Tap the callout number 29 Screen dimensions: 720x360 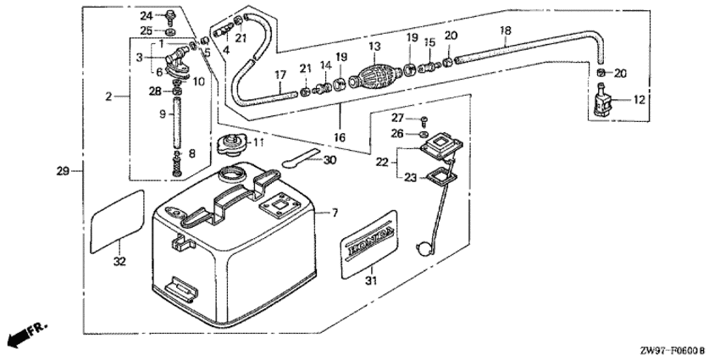(63, 171)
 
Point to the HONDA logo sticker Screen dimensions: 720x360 (369, 244)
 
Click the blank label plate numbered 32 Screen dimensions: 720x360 (118, 221)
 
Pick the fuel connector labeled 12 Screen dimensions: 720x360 (601, 100)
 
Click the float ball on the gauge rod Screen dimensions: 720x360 (423, 248)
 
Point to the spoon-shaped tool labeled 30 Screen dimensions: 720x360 (302, 157)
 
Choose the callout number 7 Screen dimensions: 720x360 (335, 213)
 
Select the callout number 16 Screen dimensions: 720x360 (340, 136)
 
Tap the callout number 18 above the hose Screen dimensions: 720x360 (505, 30)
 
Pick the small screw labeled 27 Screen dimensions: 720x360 (424, 121)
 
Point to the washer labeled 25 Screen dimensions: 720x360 (171, 32)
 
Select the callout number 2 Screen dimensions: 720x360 (108, 97)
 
